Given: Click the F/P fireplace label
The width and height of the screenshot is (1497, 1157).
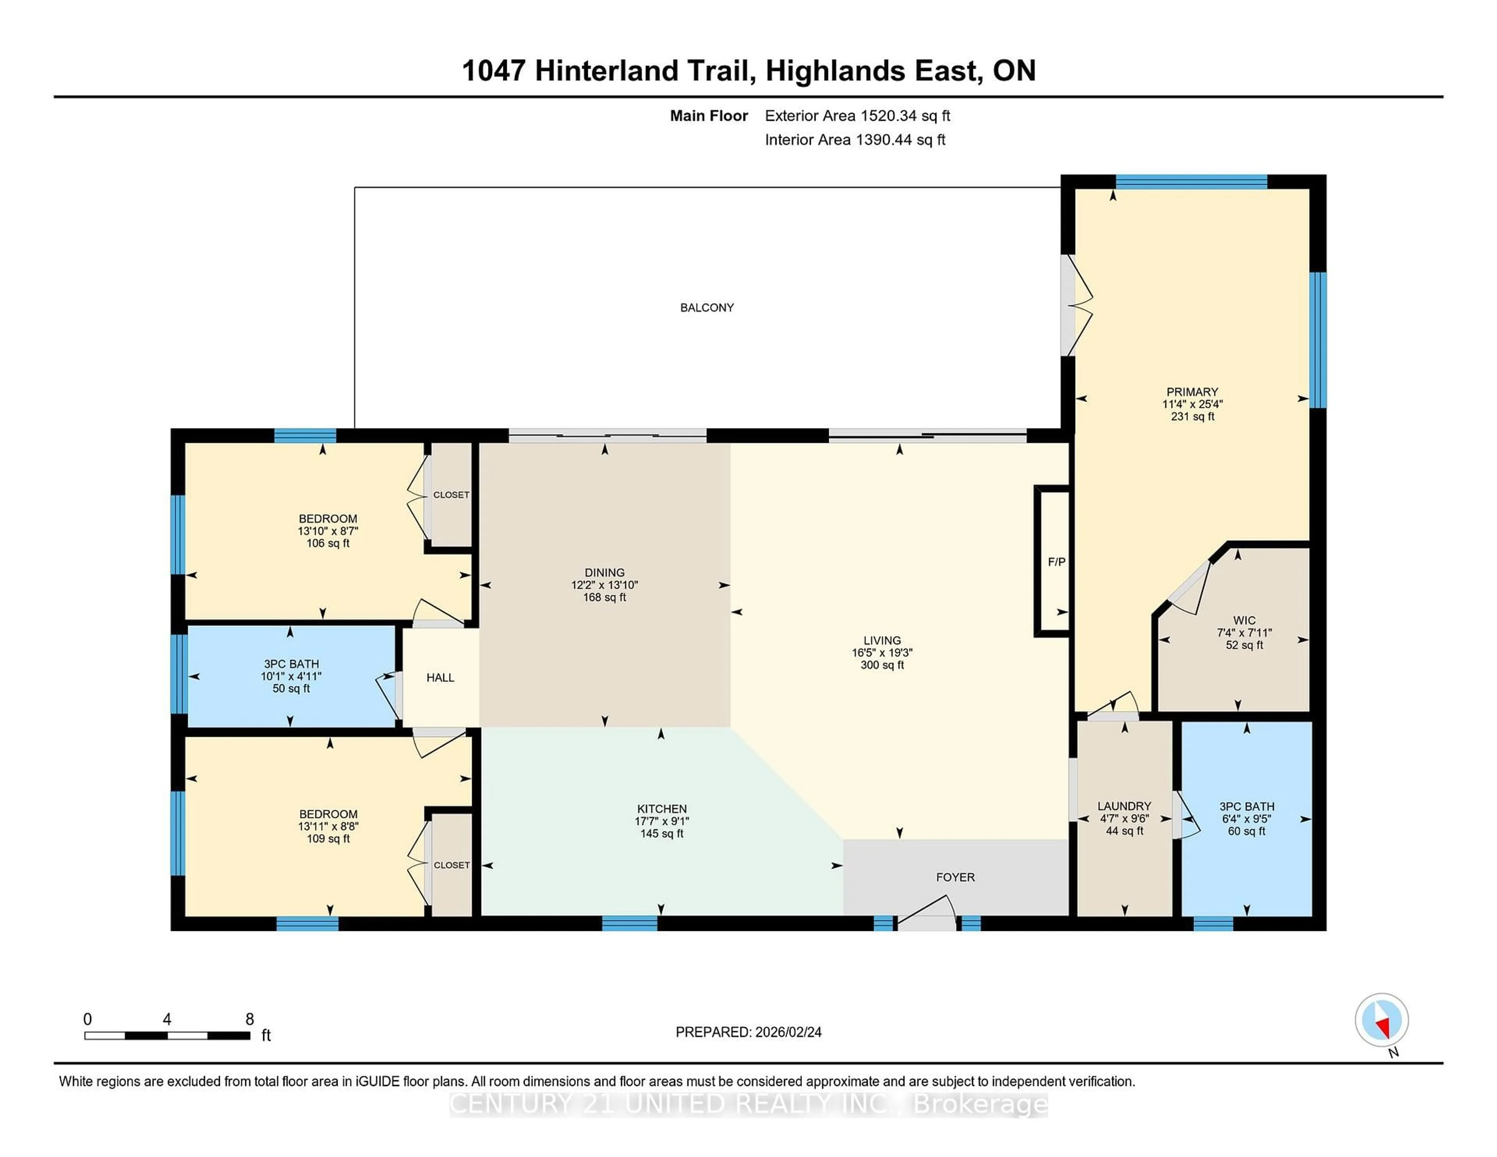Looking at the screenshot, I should coord(1056,562).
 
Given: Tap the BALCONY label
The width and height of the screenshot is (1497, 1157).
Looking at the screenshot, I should coord(707,308).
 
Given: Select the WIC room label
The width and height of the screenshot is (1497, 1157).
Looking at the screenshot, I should coord(1244,620).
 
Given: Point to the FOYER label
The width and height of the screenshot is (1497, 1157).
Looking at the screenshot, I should coord(955,877).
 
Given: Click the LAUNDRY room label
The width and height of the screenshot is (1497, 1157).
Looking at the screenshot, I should coord(1124,806).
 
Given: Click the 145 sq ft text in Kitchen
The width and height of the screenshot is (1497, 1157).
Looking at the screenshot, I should coord(662,833).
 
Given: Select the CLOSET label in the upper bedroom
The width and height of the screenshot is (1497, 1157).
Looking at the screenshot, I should coord(451,495).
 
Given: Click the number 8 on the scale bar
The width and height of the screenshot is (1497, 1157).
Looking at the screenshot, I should coord(249,1019).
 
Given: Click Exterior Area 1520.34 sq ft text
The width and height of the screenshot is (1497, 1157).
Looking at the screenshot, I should coord(858,116).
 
